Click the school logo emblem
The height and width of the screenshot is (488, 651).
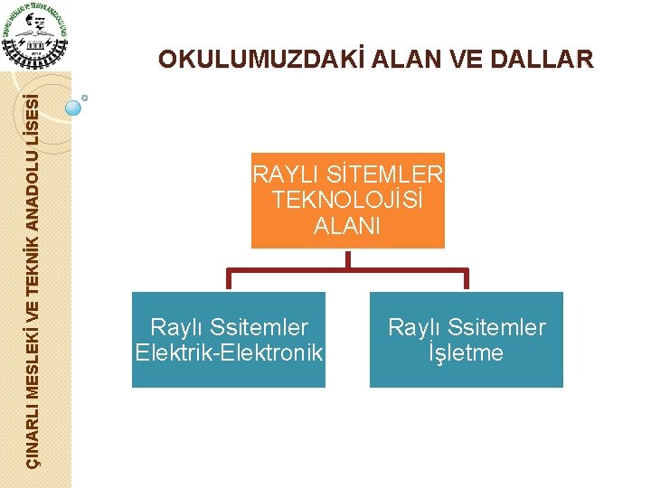[34, 34]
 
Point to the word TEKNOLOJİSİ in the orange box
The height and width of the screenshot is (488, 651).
[348, 200]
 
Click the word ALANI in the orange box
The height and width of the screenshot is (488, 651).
[348, 226]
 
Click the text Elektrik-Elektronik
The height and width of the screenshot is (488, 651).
[229, 352]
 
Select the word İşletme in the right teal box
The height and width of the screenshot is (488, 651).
[467, 352]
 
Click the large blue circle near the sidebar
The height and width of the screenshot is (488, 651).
[74, 108]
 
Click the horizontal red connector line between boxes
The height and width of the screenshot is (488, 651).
[348, 269]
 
